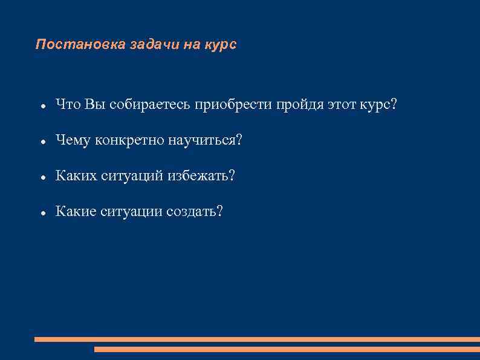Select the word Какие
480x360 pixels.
coord(74,211)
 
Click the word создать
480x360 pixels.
coord(194,211)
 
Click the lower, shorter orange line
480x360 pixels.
coord(287,349)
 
